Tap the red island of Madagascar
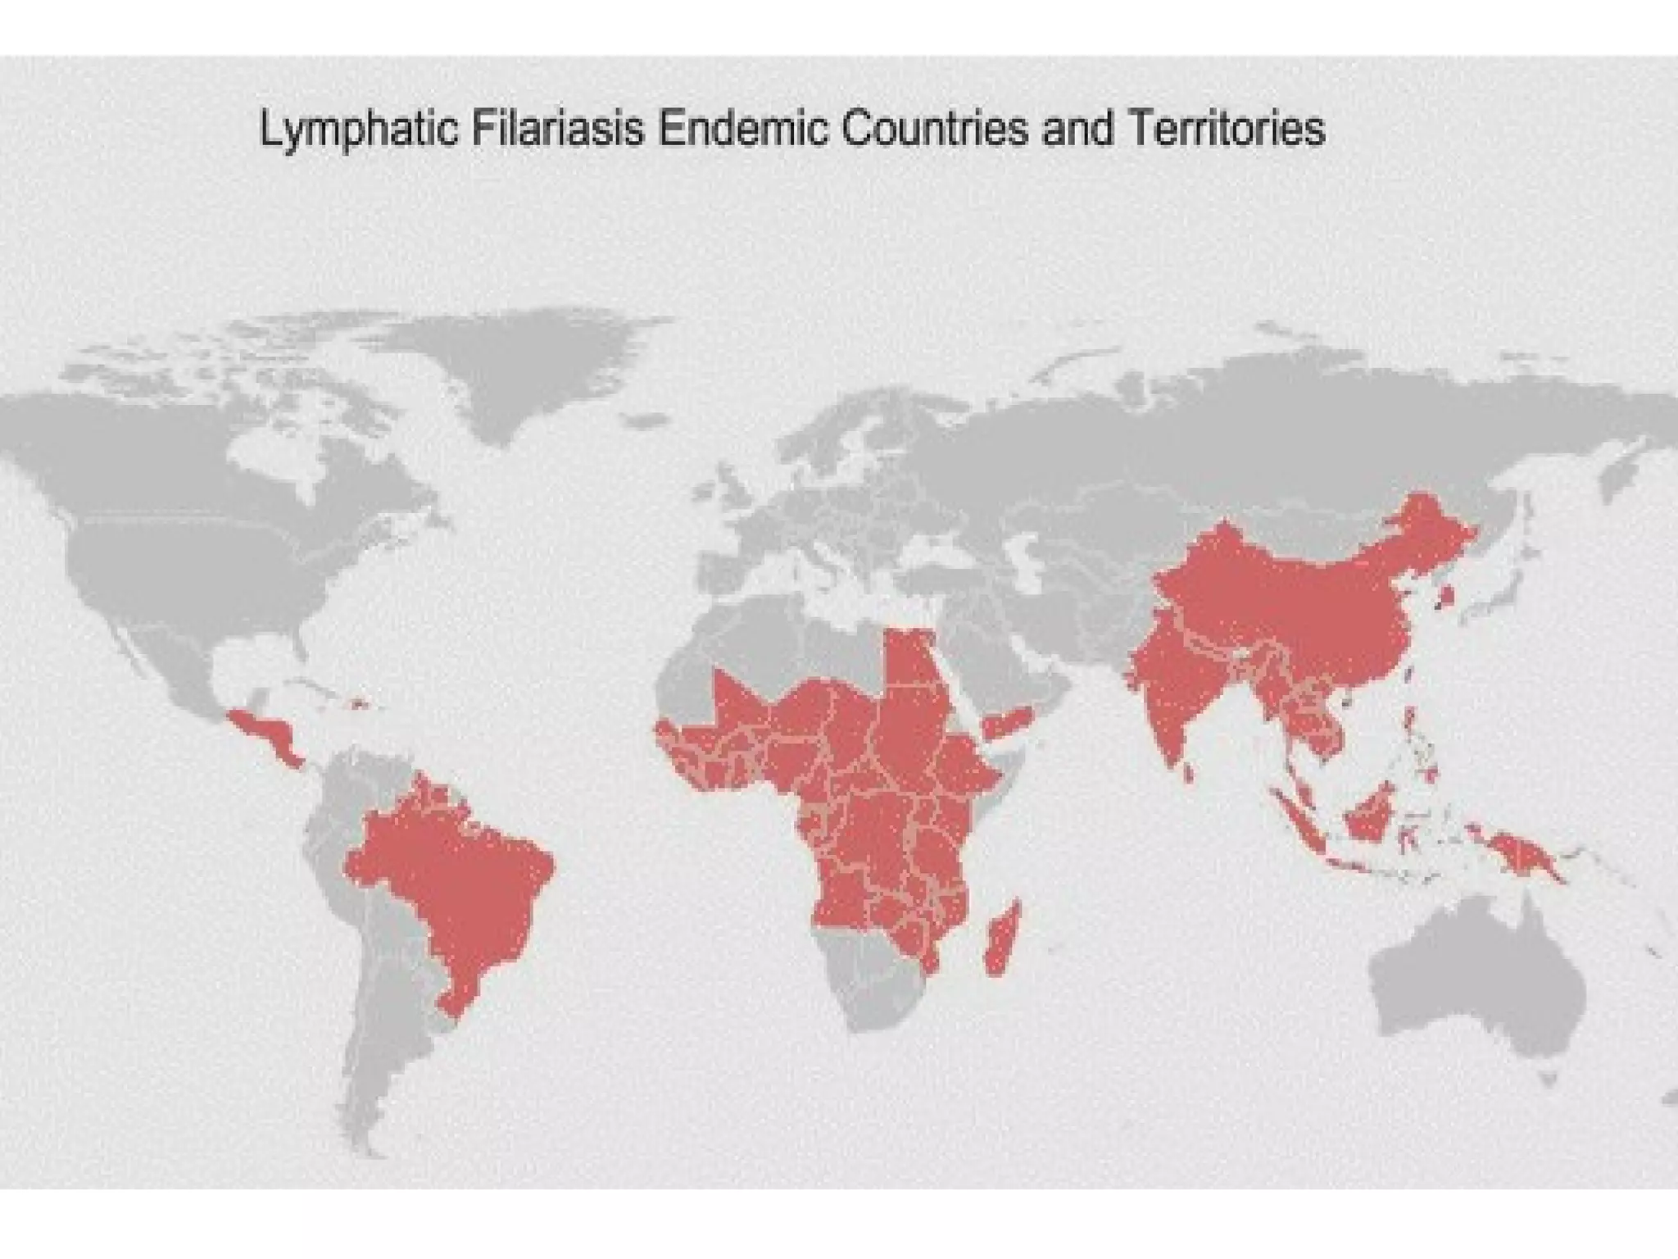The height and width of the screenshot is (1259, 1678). (x=1000, y=939)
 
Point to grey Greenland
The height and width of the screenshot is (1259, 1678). (x=524, y=361)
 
